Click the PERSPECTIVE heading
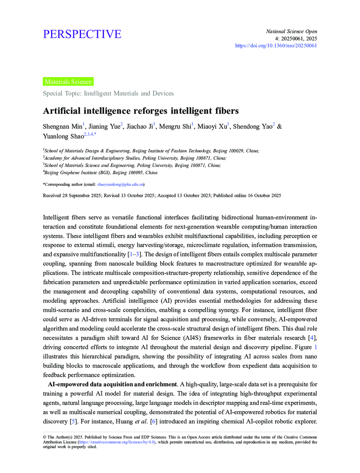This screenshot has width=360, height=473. pos(82,34)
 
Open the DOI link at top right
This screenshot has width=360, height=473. pos(276,46)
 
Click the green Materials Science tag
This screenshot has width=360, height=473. pos(68,82)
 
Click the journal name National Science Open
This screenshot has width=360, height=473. pos(291,31)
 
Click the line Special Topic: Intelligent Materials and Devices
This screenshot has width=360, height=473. pos(108,93)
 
